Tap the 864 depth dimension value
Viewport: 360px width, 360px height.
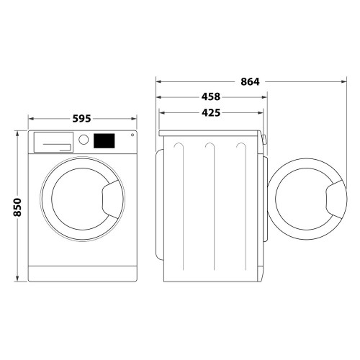tap(249, 81)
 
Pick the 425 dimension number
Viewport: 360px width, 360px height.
tap(210, 112)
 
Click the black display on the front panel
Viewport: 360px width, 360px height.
tap(104, 140)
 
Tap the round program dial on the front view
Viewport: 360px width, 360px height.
tap(84, 140)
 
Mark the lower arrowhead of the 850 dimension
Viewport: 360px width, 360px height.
tap(18, 280)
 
